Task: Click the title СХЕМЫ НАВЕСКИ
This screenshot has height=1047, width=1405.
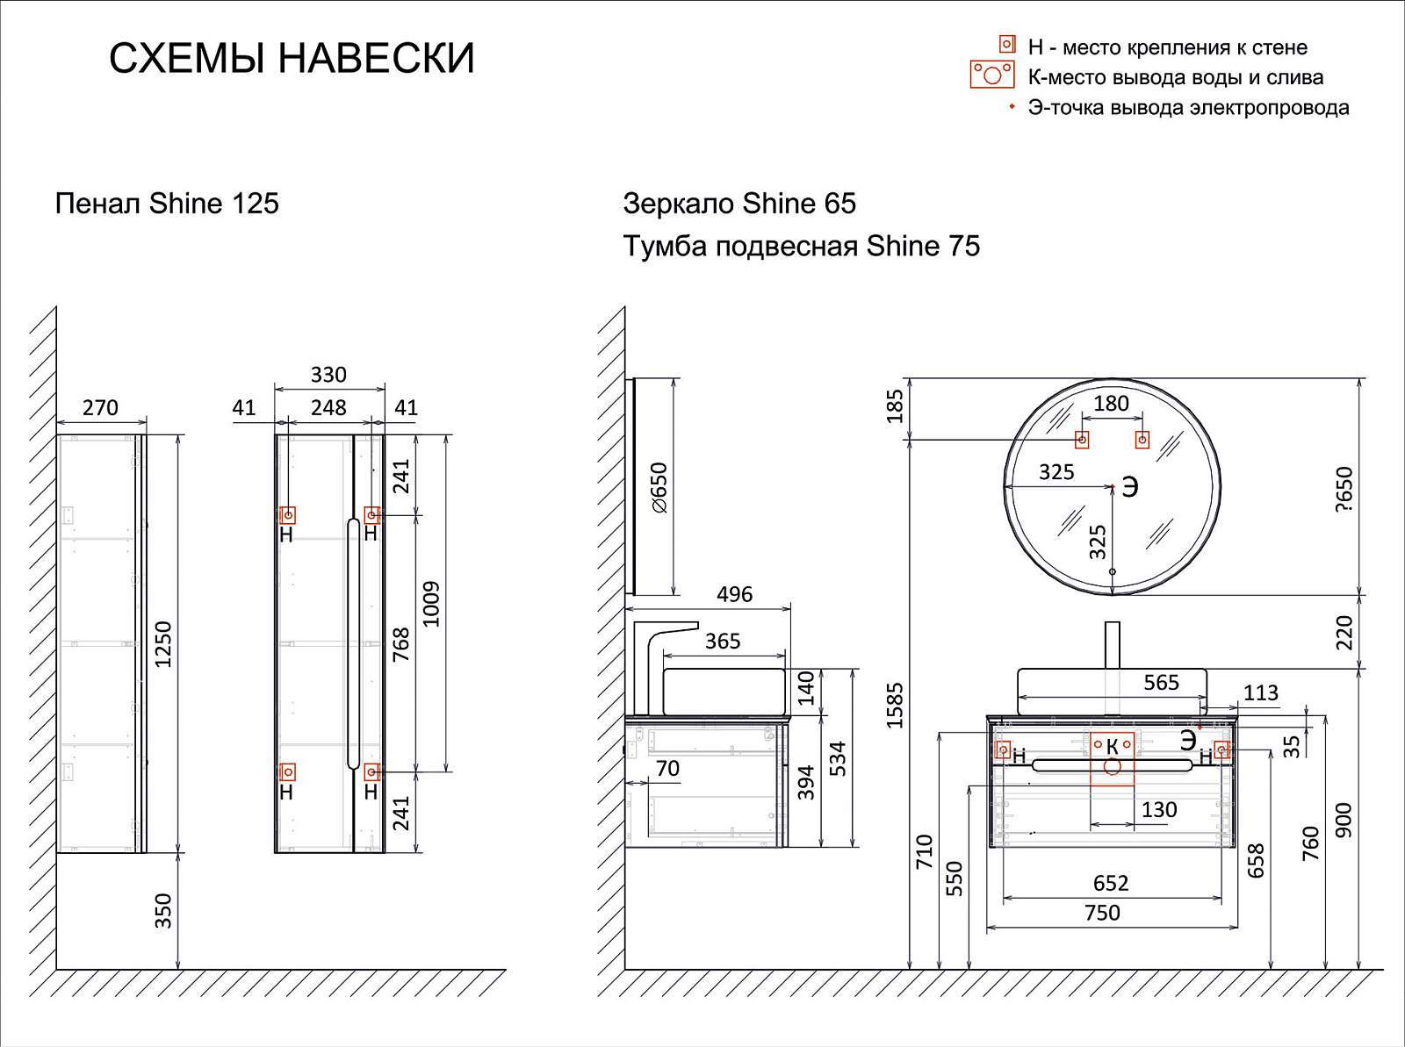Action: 292,59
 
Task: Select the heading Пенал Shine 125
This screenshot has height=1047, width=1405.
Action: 167,204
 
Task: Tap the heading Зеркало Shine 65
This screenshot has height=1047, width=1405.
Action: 739,204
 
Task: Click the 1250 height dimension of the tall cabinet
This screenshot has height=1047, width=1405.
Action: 163,644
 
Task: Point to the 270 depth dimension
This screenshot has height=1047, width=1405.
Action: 100,408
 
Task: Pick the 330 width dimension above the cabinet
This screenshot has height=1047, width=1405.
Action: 328,376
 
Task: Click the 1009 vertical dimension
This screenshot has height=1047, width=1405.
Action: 431,604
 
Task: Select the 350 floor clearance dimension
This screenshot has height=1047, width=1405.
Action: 163,911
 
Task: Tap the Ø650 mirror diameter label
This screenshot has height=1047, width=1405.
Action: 659,488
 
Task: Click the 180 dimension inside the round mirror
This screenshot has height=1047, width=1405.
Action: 1111,404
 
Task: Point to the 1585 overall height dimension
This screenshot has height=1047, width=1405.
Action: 895,706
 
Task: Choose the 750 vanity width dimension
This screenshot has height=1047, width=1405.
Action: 1102,914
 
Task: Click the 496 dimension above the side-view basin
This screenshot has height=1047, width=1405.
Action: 734,595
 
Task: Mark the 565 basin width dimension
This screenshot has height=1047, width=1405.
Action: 1161,683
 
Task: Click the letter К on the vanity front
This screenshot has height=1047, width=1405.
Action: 1112,747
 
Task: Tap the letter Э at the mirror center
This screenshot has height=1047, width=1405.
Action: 1130,487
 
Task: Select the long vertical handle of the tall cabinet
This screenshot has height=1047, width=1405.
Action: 353,644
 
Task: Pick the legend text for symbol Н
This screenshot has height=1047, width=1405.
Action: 1167,47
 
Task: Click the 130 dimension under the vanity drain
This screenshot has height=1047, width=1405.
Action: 1159,810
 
